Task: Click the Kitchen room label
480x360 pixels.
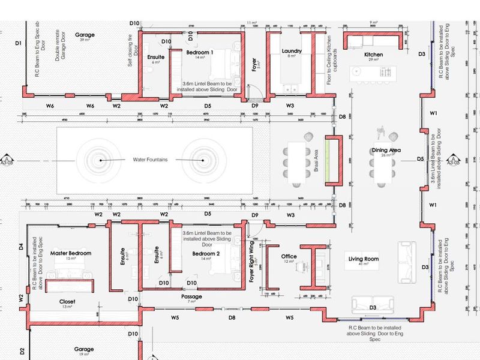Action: [x=373, y=55]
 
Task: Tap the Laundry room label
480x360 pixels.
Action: [x=292, y=52]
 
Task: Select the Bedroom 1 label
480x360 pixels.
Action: [x=200, y=53]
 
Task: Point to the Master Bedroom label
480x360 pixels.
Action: [x=70, y=254]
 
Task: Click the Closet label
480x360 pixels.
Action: [x=67, y=301]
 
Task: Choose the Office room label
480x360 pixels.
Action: [x=289, y=257]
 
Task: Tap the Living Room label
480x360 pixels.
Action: [x=364, y=259]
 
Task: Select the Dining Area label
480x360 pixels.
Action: [x=386, y=151]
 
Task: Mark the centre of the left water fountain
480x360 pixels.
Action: [x=100, y=161]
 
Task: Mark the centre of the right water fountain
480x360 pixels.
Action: [x=203, y=161]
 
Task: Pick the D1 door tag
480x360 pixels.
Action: [x=18, y=43]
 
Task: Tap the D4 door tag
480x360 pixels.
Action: [x=20, y=246]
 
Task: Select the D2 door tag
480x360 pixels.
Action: [x=20, y=350]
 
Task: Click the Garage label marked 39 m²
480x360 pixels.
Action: [x=85, y=35]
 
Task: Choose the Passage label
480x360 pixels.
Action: [x=191, y=296]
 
